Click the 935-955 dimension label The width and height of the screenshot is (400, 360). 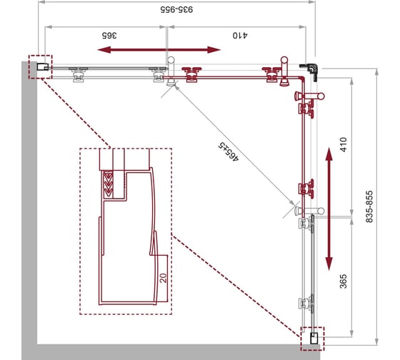click(x=176, y=10)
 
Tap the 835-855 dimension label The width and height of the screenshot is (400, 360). click(x=369, y=206)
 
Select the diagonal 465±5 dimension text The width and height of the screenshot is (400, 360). click(x=229, y=151)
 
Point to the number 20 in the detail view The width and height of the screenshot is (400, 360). click(x=163, y=278)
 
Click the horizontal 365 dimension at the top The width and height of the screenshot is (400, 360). click(x=109, y=35)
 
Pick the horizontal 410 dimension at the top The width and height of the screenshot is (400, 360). click(x=240, y=35)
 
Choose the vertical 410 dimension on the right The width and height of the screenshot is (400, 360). click(x=344, y=145)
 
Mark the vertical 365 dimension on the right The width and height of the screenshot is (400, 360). click(x=344, y=281)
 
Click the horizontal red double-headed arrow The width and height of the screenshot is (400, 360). click(x=159, y=50)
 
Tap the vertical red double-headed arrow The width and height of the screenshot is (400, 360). click(x=329, y=209)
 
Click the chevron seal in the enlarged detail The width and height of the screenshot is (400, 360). click(x=108, y=184)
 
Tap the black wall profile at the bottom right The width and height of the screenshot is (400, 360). click(x=314, y=339)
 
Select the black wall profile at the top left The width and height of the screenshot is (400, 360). click(x=43, y=67)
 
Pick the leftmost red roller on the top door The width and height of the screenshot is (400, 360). click(x=191, y=74)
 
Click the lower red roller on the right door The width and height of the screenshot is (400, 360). click(x=306, y=189)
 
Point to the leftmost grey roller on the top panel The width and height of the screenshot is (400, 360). click(x=79, y=74)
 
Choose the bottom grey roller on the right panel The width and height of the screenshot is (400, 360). click(x=306, y=303)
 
